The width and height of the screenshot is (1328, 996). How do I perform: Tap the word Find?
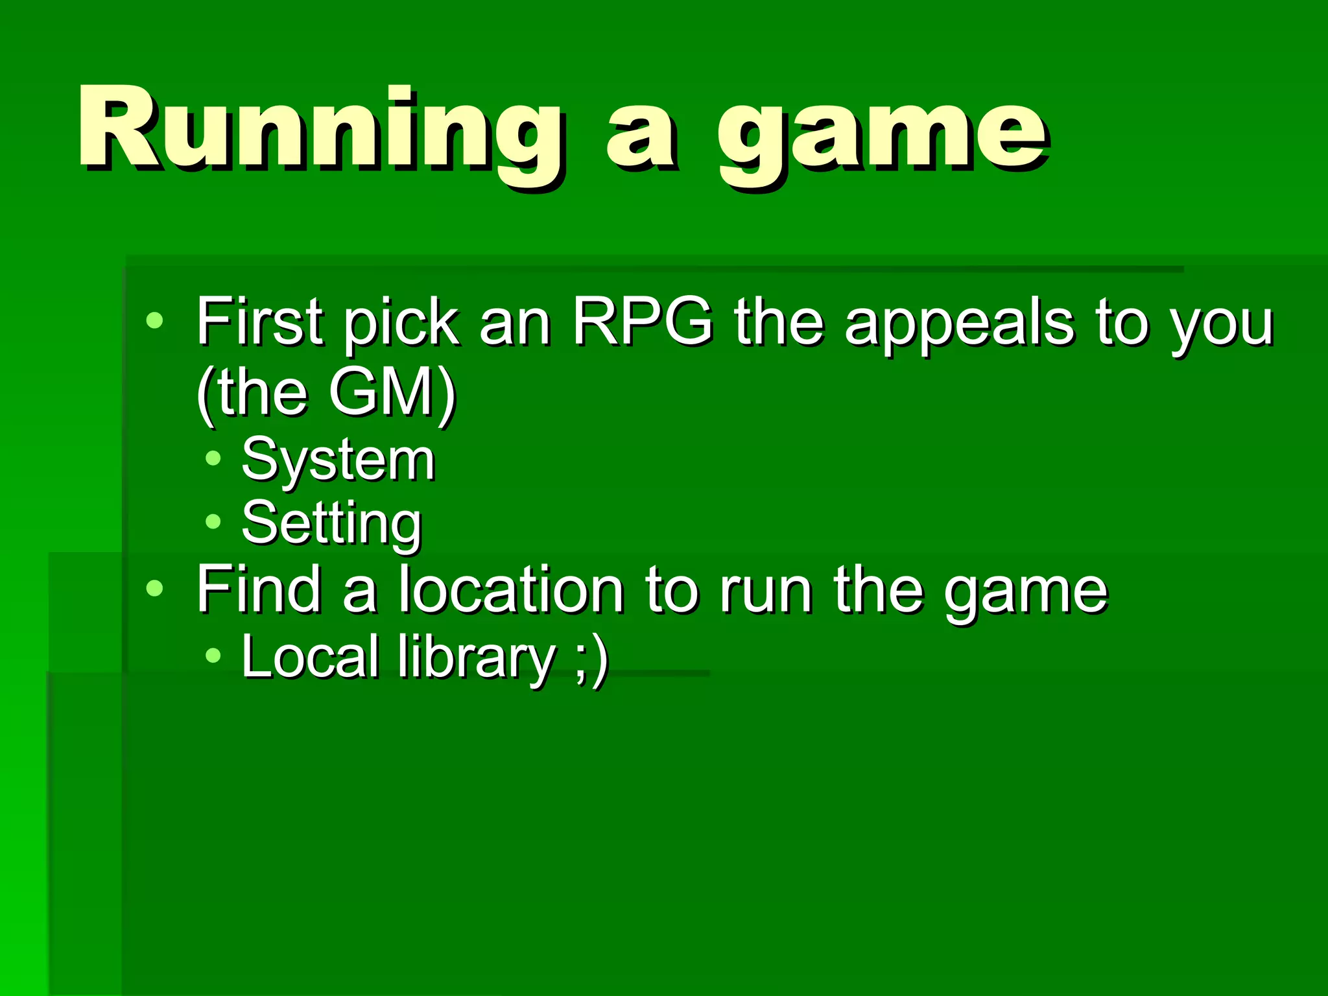[259, 589]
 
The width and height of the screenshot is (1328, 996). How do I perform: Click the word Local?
[310, 657]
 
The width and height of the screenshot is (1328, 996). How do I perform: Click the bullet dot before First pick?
[154, 320]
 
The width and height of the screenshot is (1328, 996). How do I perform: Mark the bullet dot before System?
[213, 459]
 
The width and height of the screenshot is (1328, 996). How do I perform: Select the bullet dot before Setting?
[213, 521]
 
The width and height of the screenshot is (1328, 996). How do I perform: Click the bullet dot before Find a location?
[154, 588]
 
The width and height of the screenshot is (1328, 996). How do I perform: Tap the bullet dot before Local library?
[213, 656]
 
